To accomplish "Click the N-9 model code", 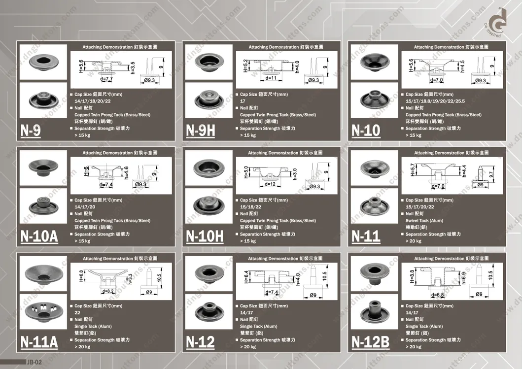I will click(x=31, y=131).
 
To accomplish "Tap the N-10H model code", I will click(x=205, y=236).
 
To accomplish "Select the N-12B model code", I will click(x=370, y=342).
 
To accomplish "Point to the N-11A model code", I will click(x=39, y=342).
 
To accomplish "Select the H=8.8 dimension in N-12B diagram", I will click(x=412, y=274).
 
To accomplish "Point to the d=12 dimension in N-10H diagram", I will click(x=270, y=184).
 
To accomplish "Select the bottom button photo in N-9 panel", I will click(x=42, y=100).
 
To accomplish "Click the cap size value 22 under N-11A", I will click(x=77, y=313).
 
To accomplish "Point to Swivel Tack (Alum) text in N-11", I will click(x=424, y=221).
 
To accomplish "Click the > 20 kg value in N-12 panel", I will click(x=248, y=347).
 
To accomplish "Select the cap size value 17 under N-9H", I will click(x=243, y=101).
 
